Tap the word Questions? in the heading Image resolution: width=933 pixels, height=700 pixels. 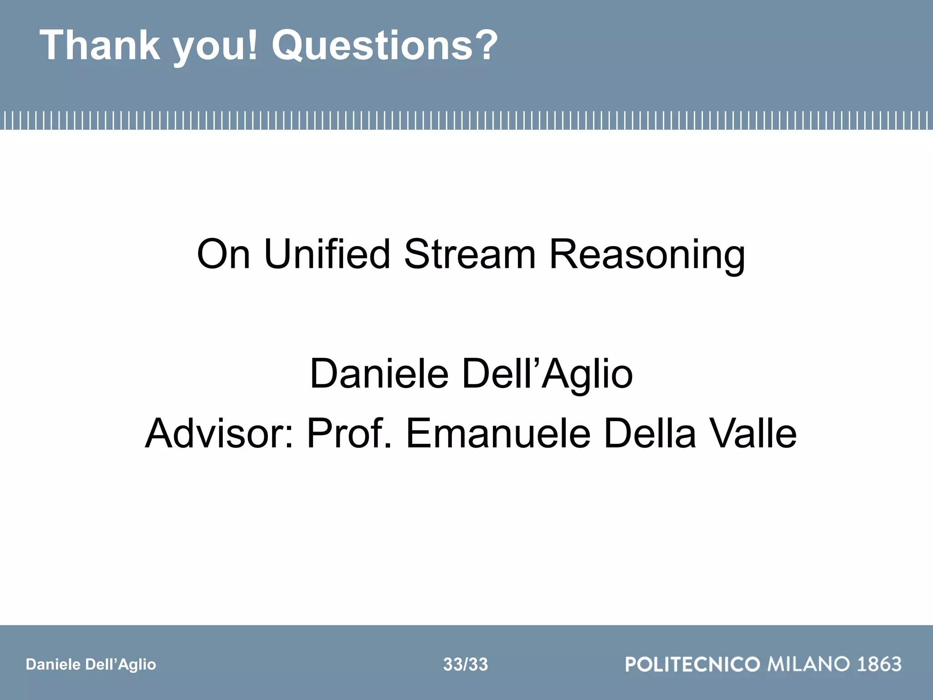[385, 46]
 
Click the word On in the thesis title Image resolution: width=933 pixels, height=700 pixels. [223, 254]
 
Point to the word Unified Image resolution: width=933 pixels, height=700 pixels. [327, 254]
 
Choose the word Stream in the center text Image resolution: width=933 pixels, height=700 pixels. [470, 254]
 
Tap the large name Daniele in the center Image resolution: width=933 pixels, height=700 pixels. [379, 374]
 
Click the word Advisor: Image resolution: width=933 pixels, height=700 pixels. [219, 433]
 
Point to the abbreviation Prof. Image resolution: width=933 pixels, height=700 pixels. [349, 433]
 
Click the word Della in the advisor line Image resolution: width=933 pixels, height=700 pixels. [650, 433]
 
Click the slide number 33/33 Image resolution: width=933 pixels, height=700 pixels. [465, 664]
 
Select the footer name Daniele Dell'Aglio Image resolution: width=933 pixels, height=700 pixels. [91, 664]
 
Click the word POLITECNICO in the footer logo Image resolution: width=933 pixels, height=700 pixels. [692, 664]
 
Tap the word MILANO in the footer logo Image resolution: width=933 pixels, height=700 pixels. [809, 664]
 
